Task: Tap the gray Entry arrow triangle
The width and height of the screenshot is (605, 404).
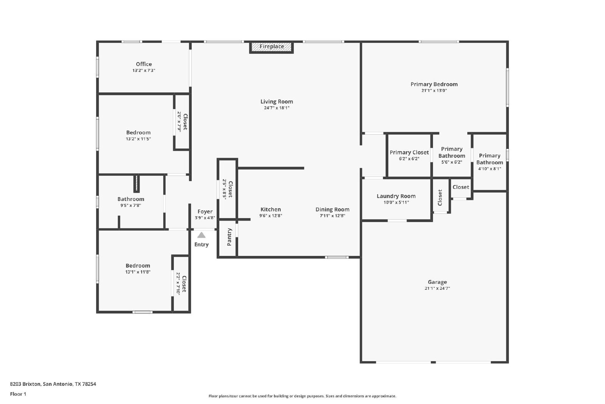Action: click(201, 235)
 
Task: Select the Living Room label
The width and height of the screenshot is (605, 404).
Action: click(276, 101)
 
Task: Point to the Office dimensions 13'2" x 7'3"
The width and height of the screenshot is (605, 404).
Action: click(144, 70)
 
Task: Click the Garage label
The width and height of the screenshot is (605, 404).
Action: click(437, 282)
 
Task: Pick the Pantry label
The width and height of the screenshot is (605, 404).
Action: click(229, 237)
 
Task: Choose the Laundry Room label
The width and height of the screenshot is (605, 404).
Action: click(396, 196)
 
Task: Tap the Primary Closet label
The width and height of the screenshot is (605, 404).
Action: click(409, 152)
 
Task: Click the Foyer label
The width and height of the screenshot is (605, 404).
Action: click(205, 211)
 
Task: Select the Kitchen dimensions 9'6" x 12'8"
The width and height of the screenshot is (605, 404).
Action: click(271, 216)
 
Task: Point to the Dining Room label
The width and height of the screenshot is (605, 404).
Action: click(332, 209)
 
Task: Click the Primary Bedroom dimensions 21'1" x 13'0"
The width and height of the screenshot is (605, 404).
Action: click(434, 90)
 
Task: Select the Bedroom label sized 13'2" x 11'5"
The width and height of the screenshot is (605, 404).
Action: click(138, 133)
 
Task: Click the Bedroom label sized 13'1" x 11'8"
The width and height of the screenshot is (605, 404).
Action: click(138, 265)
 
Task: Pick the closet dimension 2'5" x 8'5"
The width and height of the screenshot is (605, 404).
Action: click(225, 189)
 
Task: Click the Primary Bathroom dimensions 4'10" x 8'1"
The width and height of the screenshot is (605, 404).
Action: click(490, 169)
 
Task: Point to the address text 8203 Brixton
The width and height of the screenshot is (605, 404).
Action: click(25, 384)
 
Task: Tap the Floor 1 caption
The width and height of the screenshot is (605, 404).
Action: click(18, 394)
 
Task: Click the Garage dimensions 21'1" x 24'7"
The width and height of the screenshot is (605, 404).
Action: click(437, 288)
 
